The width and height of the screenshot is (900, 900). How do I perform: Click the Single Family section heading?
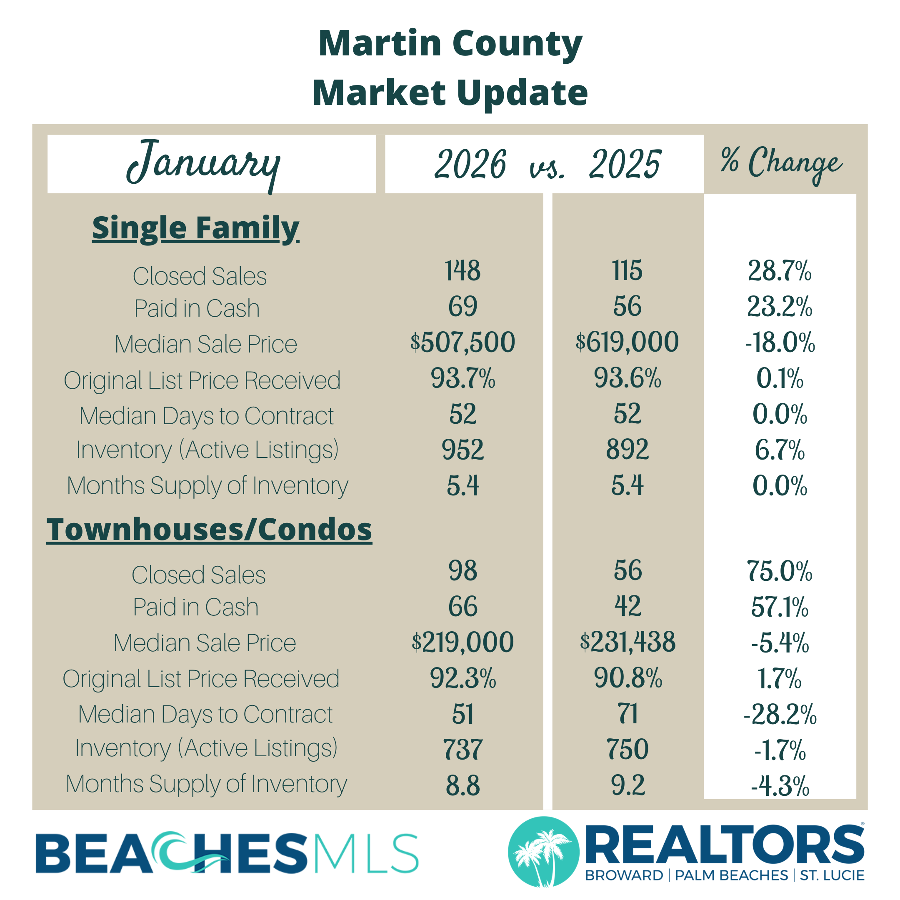click(x=196, y=228)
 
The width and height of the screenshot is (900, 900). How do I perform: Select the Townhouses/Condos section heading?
click(x=209, y=530)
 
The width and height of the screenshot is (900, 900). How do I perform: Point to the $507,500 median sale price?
click(x=462, y=342)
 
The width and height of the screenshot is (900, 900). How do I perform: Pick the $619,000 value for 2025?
click(x=627, y=342)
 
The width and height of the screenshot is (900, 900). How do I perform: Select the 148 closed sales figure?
click(x=462, y=271)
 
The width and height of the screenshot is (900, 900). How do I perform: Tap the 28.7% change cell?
click(x=780, y=271)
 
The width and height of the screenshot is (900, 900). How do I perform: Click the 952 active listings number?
click(x=462, y=450)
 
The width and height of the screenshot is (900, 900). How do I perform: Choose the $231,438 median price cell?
click(x=627, y=642)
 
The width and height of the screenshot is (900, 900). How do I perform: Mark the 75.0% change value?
click(x=780, y=571)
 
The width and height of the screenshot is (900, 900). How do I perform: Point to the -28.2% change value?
click(x=780, y=715)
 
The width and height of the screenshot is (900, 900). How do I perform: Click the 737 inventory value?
click(x=462, y=750)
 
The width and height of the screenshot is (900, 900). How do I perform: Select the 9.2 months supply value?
click(x=627, y=785)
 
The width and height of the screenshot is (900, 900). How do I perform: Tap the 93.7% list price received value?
click(x=462, y=378)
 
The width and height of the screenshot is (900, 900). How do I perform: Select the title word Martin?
click(x=380, y=44)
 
